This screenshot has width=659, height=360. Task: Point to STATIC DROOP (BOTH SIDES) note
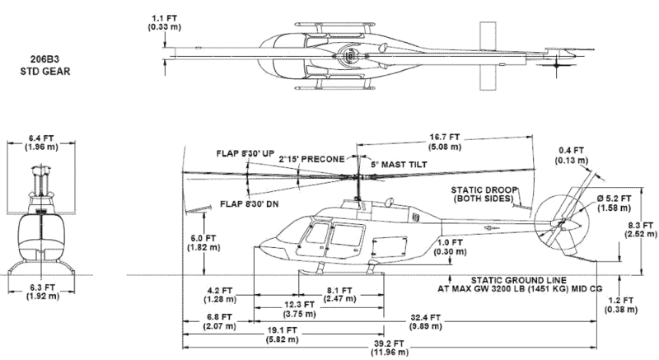[483, 194]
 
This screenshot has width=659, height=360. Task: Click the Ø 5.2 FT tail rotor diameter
[615, 203]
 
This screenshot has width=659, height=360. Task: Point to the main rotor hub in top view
[350, 56]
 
